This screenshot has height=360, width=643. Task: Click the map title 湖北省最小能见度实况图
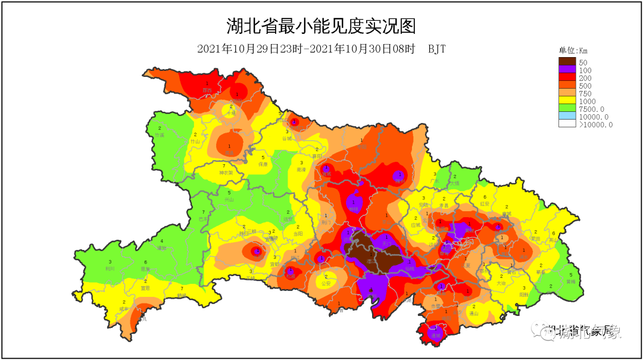321,26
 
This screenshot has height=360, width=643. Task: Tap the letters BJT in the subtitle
436,49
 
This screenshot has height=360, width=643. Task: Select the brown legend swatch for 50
567,62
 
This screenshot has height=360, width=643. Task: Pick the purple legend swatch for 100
567,70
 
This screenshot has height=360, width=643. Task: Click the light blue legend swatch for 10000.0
567,117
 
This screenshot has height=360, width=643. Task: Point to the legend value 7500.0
595,109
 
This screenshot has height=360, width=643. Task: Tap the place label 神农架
224,173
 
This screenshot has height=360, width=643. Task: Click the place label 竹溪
160,136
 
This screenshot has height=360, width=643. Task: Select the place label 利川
110,268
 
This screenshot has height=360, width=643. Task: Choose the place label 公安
326,284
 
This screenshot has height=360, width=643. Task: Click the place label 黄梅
570,281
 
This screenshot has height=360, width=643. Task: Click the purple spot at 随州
399,177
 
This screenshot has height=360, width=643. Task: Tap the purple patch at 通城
435,334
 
